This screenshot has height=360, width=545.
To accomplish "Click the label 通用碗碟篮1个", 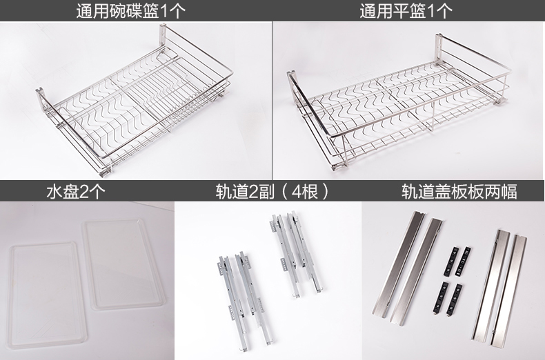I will pyautogui.click(x=130, y=10).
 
